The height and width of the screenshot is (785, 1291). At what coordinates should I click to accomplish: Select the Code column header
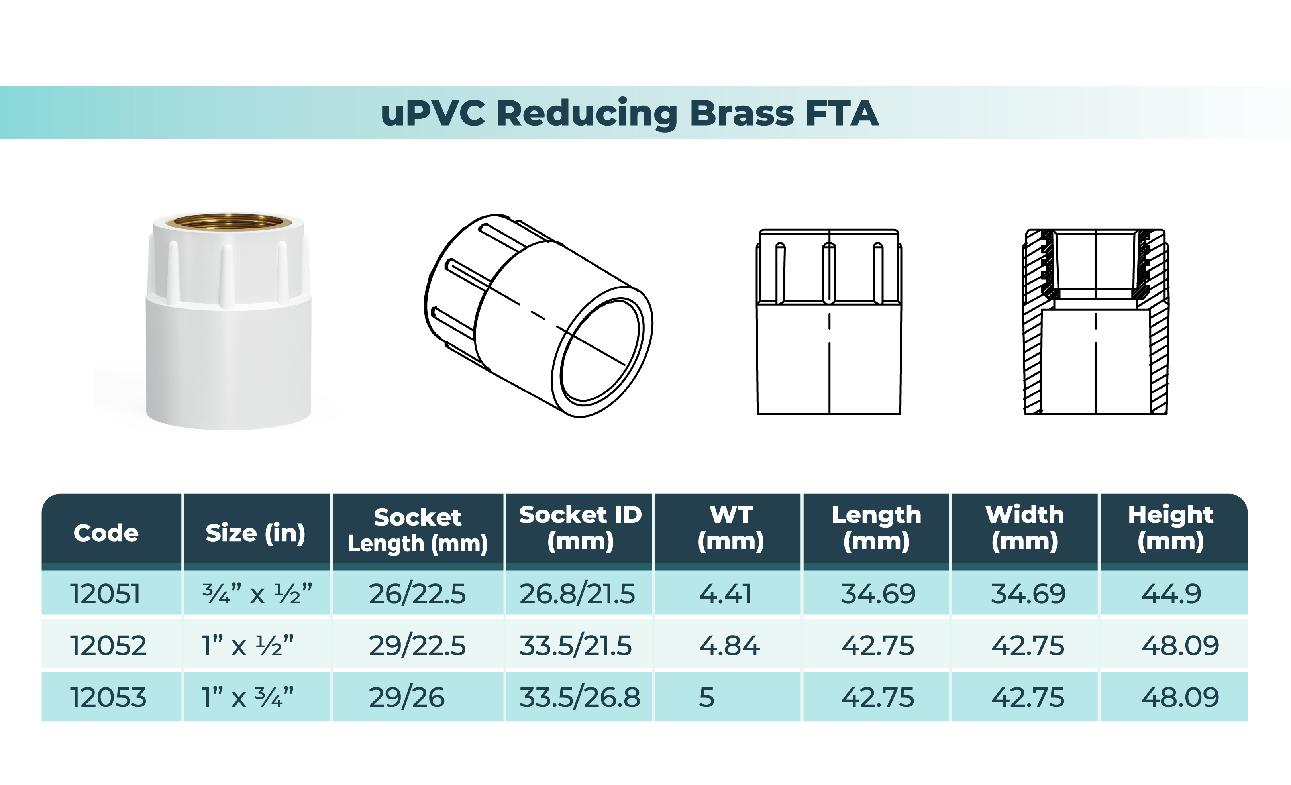click(x=106, y=533)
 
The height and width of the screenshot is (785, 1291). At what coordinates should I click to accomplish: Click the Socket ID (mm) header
click(x=580, y=528)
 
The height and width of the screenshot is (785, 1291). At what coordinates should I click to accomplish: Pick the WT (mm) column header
click(x=730, y=528)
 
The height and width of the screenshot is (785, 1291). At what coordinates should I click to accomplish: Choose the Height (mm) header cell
click(x=1171, y=528)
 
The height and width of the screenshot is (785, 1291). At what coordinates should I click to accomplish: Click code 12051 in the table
click(x=105, y=594)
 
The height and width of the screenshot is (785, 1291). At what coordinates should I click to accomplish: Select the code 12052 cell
click(x=108, y=645)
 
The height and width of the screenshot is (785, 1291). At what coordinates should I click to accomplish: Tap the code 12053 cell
click(x=108, y=697)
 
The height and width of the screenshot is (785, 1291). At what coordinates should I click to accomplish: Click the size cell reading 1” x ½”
click(x=248, y=645)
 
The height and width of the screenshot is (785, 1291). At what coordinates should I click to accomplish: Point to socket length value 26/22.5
click(x=417, y=594)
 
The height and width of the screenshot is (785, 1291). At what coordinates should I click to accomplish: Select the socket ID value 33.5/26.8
click(x=579, y=697)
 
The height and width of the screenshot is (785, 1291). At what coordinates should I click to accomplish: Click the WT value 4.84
click(x=729, y=645)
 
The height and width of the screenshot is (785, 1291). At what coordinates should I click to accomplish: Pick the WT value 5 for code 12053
click(x=706, y=697)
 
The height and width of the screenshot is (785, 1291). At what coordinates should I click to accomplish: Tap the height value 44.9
click(x=1171, y=594)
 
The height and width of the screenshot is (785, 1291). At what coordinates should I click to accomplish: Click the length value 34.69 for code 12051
click(x=878, y=594)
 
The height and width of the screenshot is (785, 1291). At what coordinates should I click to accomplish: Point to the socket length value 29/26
click(x=406, y=697)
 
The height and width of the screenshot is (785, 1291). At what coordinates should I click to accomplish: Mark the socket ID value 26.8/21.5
click(x=577, y=594)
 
